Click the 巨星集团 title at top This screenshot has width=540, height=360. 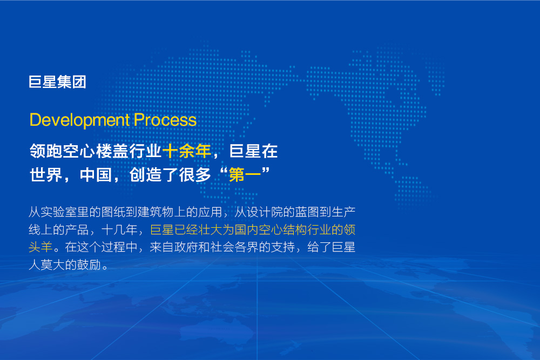(x=57, y=82)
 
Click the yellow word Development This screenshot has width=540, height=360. (x=79, y=120)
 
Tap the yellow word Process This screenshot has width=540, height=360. (x=165, y=120)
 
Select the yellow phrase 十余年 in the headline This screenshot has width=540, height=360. (x=187, y=151)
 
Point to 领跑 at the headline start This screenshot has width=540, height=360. (x=46, y=151)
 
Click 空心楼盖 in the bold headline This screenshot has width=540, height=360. (x=96, y=151)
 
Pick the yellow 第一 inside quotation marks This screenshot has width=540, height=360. (x=245, y=175)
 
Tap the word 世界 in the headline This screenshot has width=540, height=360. (x=46, y=175)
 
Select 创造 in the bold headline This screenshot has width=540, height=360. (x=145, y=175)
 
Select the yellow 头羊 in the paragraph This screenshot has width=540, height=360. (x=40, y=247)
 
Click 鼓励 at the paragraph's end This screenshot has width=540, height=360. (x=89, y=264)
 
